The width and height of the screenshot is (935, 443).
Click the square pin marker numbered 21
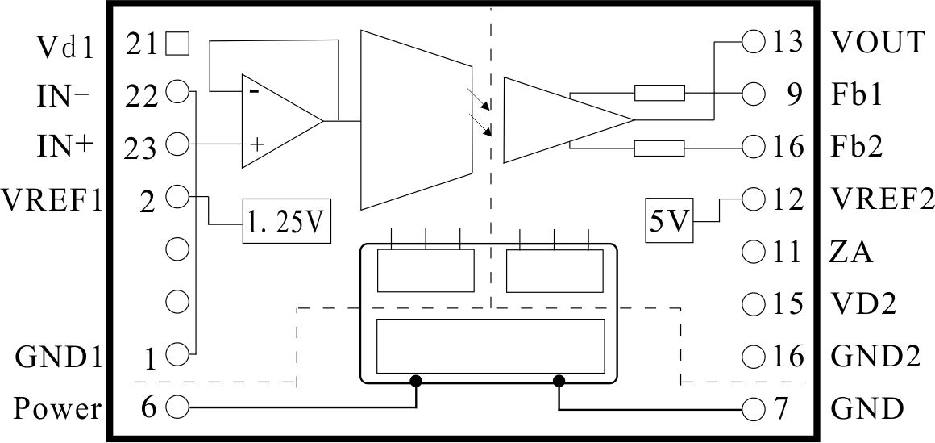coord(177,44)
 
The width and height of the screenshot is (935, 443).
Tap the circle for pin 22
coord(177,92)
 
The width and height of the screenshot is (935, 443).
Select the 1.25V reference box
coord(287,221)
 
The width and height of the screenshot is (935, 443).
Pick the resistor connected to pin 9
coord(659,93)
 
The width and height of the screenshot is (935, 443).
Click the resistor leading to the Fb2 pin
coord(659,148)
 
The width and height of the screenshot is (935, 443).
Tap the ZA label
coord(851,253)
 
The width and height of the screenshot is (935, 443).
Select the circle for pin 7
coord(754,409)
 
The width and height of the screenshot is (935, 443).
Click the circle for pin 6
coord(177,407)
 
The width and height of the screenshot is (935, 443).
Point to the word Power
coord(57,410)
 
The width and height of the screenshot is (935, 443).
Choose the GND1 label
coord(57,357)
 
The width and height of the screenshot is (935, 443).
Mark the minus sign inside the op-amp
coord(254,91)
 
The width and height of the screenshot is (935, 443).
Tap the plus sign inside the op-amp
coord(258,144)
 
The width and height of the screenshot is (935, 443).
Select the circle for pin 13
coord(754,42)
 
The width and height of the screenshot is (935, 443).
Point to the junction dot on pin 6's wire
coord(416,380)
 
